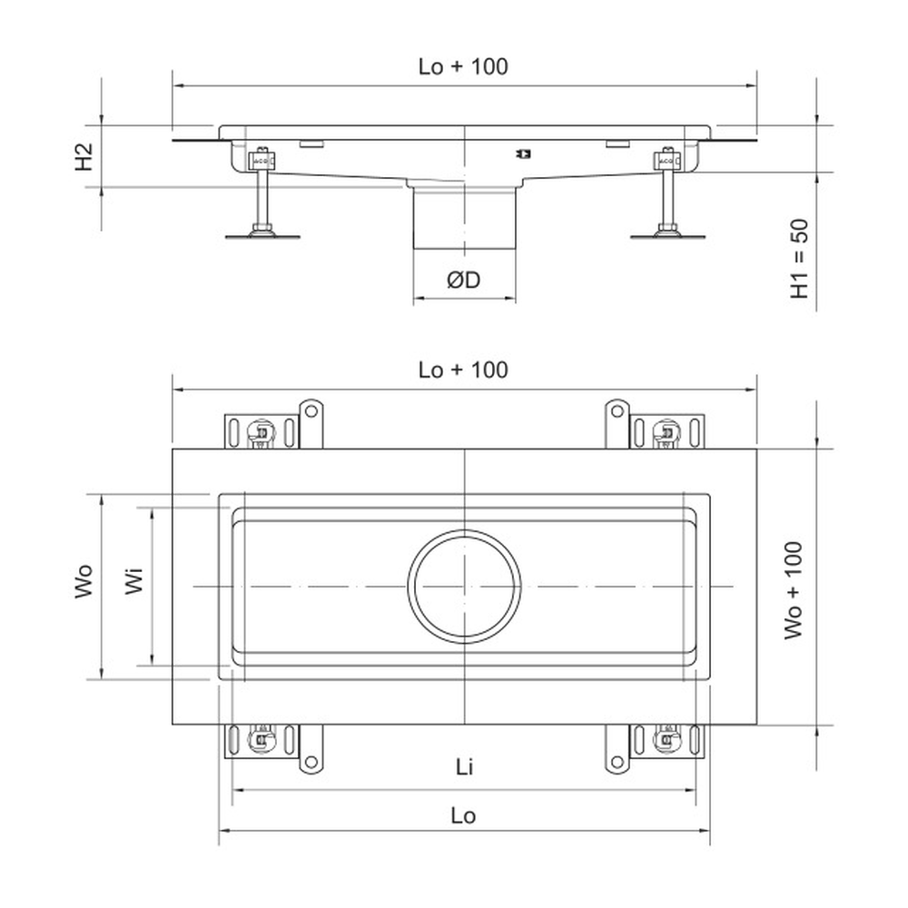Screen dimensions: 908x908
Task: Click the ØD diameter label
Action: click(x=464, y=281)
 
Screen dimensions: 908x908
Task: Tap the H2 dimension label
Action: click(x=84, y=157)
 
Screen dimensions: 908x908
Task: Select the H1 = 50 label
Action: click(x=800, y=259)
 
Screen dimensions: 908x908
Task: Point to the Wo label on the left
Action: click(x=84, y=580)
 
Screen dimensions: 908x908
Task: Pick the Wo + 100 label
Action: click(x=794, y=590)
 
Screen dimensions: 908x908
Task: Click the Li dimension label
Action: click(x=464, y=766)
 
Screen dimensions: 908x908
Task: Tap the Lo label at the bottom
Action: click(x=463, y=815)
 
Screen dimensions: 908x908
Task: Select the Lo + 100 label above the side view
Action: click(x=463, y=66)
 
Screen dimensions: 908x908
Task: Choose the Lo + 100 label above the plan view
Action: click(x=463, y=370)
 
